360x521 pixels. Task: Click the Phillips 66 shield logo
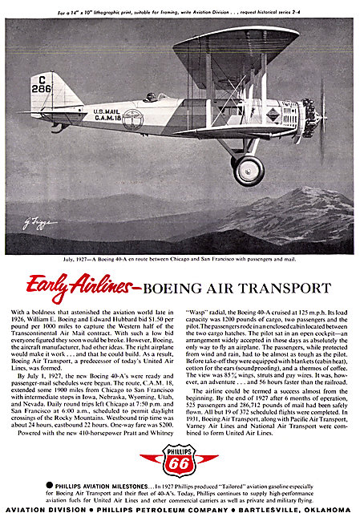[x=179, y=459]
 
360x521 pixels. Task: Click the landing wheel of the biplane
[x=249, y=170]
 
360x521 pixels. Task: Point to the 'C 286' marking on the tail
[x=42, y=83]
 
